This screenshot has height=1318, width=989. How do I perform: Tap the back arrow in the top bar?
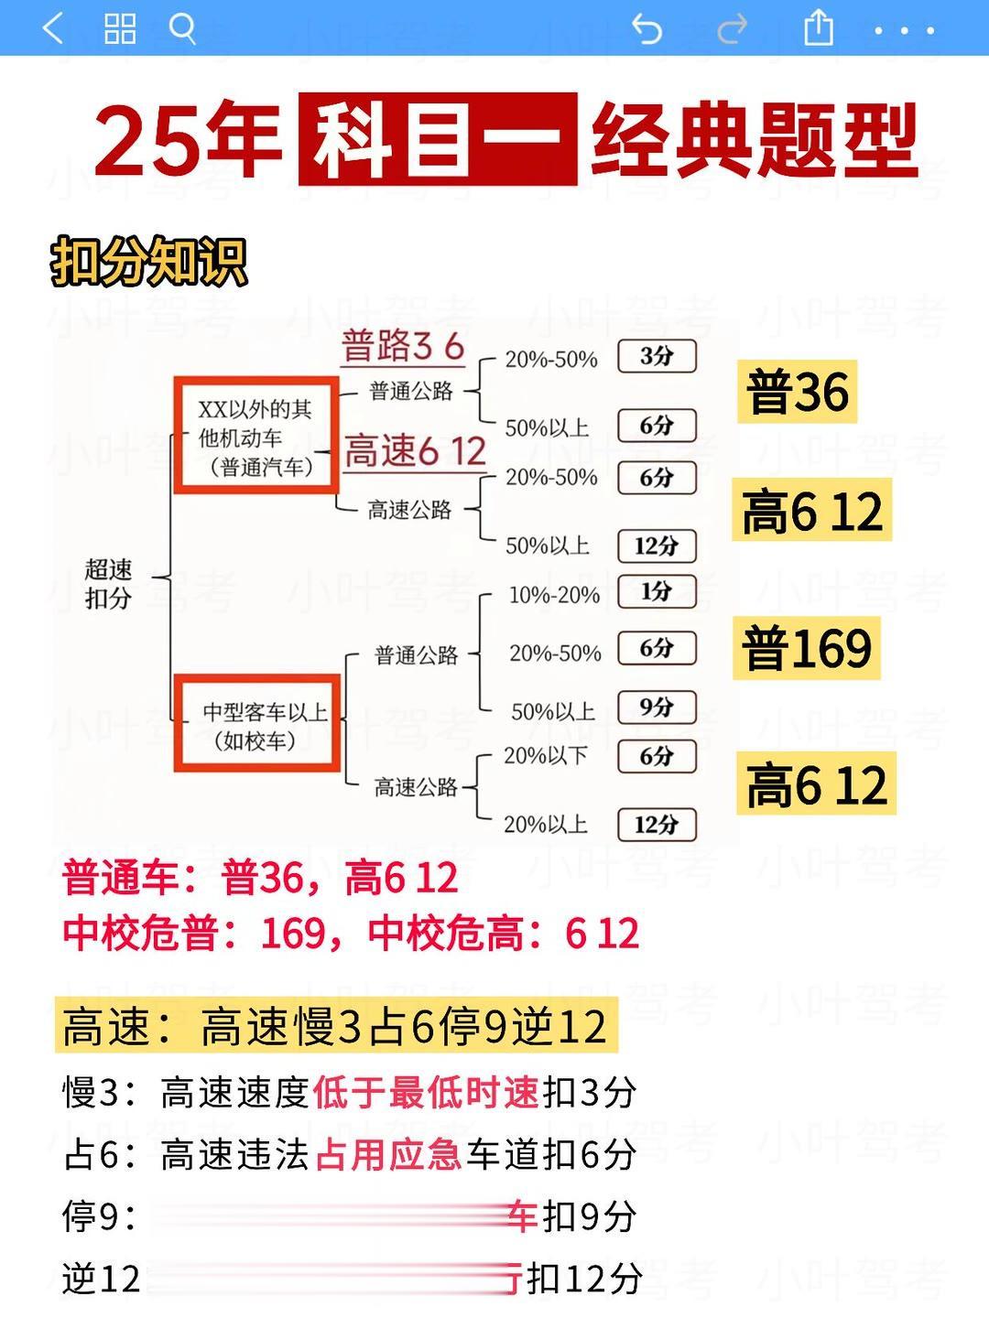click(53, 28)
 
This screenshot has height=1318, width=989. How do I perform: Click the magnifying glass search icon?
click(183, 28)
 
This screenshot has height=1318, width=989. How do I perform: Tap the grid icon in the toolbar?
click(120, 28)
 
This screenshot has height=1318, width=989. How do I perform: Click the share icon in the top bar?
click(818, 28)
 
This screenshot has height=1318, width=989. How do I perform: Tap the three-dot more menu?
click(904, 30)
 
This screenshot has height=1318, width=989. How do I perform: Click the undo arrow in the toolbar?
click(647, 29)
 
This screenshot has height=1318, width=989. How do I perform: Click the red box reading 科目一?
click(438, 139)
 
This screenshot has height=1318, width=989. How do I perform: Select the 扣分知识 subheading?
click(148, 262)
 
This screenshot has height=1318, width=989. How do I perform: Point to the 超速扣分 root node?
click(108, 584)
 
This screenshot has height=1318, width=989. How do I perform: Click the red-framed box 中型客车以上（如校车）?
click(257, 723)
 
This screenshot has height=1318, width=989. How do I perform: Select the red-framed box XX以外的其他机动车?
click(256, 437)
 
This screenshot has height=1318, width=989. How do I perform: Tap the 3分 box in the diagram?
click(657, 356)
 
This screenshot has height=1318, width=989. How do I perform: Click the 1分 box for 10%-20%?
click(657, 591)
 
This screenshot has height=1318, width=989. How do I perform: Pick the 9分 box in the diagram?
click(657, 707)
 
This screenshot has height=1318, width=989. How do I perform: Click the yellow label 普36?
click(797, 392)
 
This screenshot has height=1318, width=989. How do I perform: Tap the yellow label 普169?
click(806, 648)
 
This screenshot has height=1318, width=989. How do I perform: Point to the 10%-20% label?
click(554, 595)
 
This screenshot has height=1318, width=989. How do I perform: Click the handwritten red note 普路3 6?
click(403, 347)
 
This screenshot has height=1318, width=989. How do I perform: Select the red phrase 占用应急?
click(389, 1155)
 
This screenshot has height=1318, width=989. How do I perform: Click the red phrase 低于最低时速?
click(426, 1093)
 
